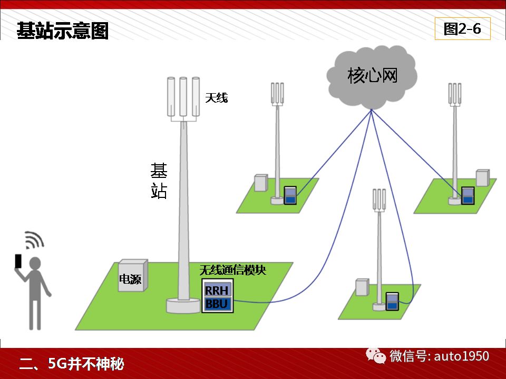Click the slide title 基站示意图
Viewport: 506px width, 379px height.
[x=62, y=31]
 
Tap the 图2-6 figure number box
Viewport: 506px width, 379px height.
[x=462, y=28]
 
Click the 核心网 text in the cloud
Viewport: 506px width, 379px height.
[x=373, y=76]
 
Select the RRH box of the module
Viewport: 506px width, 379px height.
[x=217, y=291]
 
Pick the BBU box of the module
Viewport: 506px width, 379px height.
[x=217, y=304]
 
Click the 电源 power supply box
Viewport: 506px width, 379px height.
[x=133, y=276]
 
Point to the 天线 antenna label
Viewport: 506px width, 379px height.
[x=217, y=98]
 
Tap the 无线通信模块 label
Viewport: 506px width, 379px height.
[x=232, y=270]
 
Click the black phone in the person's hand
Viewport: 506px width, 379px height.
[x=18, y=261]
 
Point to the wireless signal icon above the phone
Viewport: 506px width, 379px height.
[x=34, y=240]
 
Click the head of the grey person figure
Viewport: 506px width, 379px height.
[x=35, y=263]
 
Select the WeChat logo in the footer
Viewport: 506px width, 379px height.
[x=376, y=356]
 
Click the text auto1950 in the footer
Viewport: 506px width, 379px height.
[x=462, y=356]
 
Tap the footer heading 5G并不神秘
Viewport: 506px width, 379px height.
[x=86, y=364]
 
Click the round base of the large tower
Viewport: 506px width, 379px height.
[x=183, y=306]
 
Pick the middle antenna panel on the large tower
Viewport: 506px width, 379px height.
[x=183, y=97]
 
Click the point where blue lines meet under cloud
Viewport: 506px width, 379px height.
[x=372, y=110]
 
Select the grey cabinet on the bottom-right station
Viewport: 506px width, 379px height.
[x=362, y=287]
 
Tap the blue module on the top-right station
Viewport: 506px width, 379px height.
[x=468, y=196]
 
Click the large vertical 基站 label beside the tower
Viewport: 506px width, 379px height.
[x=159, y=181]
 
